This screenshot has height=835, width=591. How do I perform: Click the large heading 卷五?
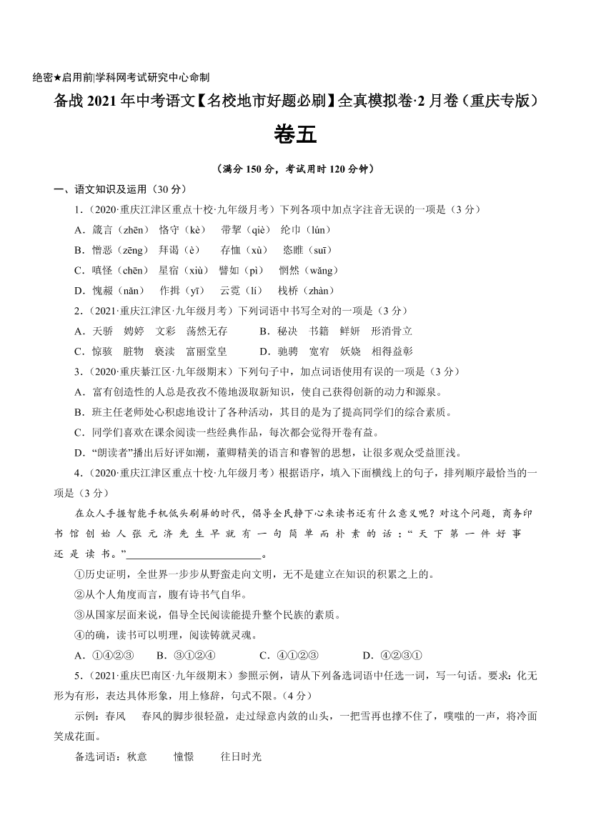[x=294, y=136]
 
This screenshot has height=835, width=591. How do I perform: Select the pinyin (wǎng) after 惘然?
[x=321, y=271]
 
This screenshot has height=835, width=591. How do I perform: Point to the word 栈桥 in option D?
[x=288, y=291]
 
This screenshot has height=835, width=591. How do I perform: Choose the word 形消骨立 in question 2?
[x=392, y=331]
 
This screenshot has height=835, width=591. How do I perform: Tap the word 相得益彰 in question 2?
[x=392, y=351]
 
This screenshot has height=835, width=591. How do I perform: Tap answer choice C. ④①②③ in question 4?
[x=289, y=656]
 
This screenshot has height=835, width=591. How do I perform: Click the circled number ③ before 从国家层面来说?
[x=79, y=615]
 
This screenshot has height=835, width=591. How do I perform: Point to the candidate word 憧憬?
[x=184, y=756]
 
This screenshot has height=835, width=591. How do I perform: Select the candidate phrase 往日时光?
[x=242, y=756]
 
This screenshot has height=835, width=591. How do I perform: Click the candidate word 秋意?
[x=136, y=756]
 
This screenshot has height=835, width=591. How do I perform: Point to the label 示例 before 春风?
[x=84, y=716]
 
